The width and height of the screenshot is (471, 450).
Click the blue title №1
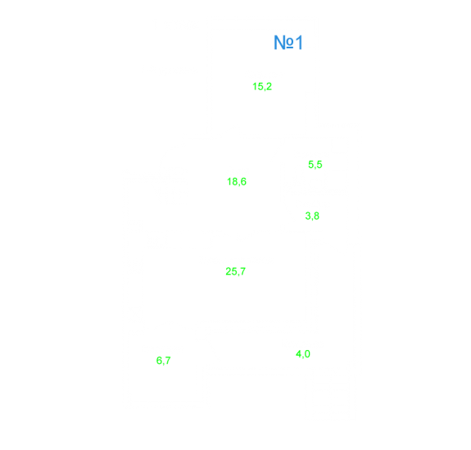pyautogui.click(x=288, y=43)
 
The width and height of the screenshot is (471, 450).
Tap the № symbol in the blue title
pyautogui.click(x=283, y=43)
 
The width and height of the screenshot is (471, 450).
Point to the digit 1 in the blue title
pyautogui.click(x=299, y=43)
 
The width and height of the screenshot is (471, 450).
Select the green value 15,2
pyautogui.click(x=262, y=87)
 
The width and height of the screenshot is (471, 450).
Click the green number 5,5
pyautogui.click(x=315, y=165)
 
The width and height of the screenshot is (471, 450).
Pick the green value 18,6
pyautogui.click(x=237, y=182)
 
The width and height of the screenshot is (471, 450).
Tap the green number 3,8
pyautogui.click(x=312, y=216)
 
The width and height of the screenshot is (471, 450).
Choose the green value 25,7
pyautogui.click(x=236, y=272)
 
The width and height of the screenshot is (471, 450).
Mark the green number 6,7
pyautogui.click(x=163, y=361)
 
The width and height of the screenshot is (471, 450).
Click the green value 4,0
pyautogui.click(x=303, y=354)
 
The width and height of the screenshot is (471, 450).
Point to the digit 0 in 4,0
pyautogui.click(x=307, y=354)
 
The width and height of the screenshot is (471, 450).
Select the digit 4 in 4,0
pyautogui.click(x=299, y=354)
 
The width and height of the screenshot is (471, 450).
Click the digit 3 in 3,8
pyautogui.click(x=308, y=216)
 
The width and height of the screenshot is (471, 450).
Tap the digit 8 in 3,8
pyautogui.click(x=317, y=216)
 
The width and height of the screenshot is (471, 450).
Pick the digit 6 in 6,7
pyautogui.click(x=159, y=360)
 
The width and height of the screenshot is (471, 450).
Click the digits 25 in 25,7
pyautogui.click(x=231, y=271)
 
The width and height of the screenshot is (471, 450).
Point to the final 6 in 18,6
pyautogui.click(x=243, y=182)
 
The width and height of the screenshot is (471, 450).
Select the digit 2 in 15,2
pyautogui.click(x=269, y=86)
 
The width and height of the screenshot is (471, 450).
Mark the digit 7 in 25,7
pyautogui.click(x=242, y=271)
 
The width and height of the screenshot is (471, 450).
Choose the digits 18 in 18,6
pyautogui.click(x=233, y=182)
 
